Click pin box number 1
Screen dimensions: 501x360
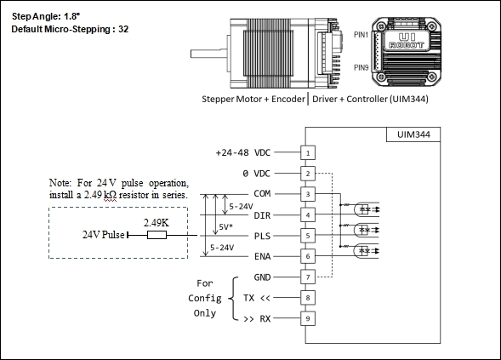click(308, 152)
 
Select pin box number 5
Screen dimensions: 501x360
click(308, 236)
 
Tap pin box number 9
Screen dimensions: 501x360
click(308, 318)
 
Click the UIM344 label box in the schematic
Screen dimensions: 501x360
click(413, 134)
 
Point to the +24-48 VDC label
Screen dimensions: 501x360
click(243, 152)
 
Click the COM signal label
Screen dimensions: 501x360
click(262, 193)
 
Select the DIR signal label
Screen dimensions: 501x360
click(262, 215)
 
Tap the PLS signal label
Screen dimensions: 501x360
click(262, 236)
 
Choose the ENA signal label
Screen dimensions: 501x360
click(262, 256)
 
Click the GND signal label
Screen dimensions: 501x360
click(262, 277)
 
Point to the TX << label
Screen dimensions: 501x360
click(257, 298)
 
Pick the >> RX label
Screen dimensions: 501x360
click(257, 319)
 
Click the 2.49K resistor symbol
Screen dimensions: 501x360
click(157, 235)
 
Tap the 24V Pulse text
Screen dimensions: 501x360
click(104, 235)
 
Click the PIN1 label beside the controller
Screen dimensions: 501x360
click(361, 35)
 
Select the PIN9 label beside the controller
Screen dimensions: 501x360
click(361, 67)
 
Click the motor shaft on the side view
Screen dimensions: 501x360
click(209, 54)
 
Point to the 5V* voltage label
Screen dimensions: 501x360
click(225, 227)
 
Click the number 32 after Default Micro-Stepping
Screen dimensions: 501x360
click(123, 29)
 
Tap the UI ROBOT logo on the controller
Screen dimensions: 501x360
click(407, 42)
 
